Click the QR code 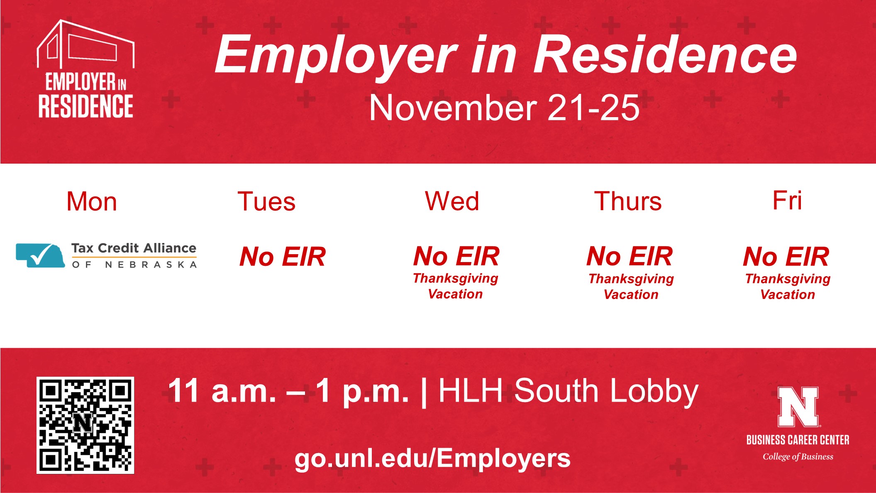point(85,425)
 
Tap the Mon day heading point(92,202)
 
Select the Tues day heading point(266,202)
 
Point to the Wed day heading point(452,201)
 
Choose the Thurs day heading point(628,201)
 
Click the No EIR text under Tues point(283,257)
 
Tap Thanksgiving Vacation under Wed point(456,286)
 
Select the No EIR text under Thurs point(630,256)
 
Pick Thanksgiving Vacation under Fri point(788,287)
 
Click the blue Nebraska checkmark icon point(40,255)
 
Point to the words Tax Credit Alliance point(134,248)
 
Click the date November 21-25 point(504,108)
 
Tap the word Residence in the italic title point(665,55)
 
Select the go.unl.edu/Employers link point(432,459)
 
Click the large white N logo point(798,407)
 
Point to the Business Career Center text point(798,440)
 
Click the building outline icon point(85,44)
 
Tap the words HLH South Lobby point(569,391)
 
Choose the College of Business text point(798,457)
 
